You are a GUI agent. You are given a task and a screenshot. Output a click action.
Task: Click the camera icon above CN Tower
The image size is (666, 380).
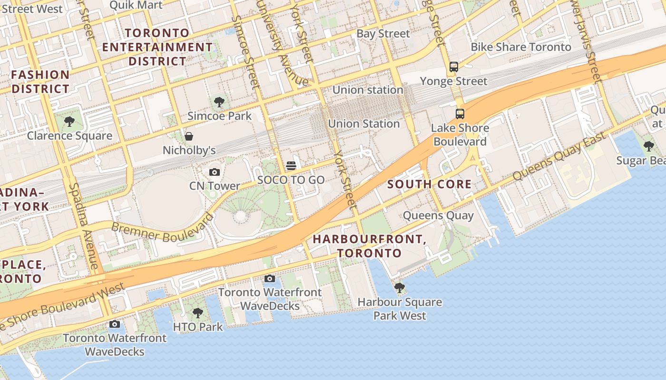[215, 172]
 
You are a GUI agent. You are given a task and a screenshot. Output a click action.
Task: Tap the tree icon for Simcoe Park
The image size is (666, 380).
[219, 102]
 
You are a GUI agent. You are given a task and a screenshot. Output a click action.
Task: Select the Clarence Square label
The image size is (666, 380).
[69, 136]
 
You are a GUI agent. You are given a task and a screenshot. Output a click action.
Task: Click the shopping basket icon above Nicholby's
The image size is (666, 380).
[189, 137]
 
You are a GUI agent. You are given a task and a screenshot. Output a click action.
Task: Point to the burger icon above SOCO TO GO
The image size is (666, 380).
[291, 165]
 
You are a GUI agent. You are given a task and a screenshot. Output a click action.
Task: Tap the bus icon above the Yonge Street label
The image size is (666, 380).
[454, 67]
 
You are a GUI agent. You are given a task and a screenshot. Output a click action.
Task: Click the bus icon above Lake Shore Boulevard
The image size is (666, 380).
[460, 114]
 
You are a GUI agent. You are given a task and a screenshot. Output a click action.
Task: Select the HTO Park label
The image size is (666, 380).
[197, 327]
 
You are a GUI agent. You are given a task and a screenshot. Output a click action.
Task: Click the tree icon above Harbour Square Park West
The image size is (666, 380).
[400, 288]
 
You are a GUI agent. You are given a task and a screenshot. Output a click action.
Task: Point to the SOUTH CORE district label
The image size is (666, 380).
[429, 184]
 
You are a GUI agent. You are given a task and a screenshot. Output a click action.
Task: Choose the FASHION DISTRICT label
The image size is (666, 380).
[40, 82]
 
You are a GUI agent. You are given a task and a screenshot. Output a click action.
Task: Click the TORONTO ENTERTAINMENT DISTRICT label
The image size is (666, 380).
[157, 47]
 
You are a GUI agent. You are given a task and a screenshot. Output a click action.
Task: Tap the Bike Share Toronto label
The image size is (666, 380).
[521, 47]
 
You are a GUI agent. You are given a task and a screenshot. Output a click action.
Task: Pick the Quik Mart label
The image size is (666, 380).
[136, 5]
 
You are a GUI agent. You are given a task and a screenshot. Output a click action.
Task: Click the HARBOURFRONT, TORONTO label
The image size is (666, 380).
[370, 246]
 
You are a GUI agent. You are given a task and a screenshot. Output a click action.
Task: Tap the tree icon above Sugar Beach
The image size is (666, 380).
[648, 146]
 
